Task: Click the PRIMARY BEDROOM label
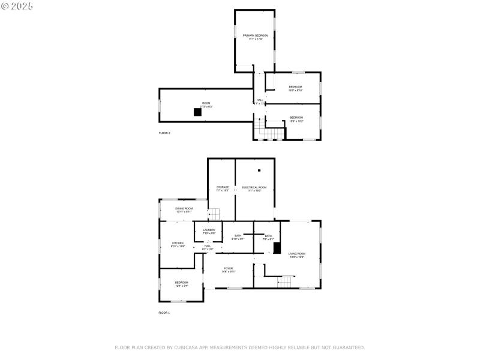point(255,36)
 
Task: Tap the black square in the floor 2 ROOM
point(197,112)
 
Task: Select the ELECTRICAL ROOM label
point(254,188)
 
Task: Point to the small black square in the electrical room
point(260,170)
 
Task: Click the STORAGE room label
point(223,188)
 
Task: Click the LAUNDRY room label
point(209,230)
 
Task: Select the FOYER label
point(229,268)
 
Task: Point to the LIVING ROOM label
point(297,254)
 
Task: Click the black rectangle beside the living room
point(277,248)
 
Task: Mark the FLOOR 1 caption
point(164,313)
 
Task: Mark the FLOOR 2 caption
point(164,133)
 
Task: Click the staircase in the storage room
point(214,214)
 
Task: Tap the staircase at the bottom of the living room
point(286,281)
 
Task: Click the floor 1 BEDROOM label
point(181,283)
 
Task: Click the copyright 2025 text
point(17,5)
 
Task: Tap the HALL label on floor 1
point(208,246)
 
